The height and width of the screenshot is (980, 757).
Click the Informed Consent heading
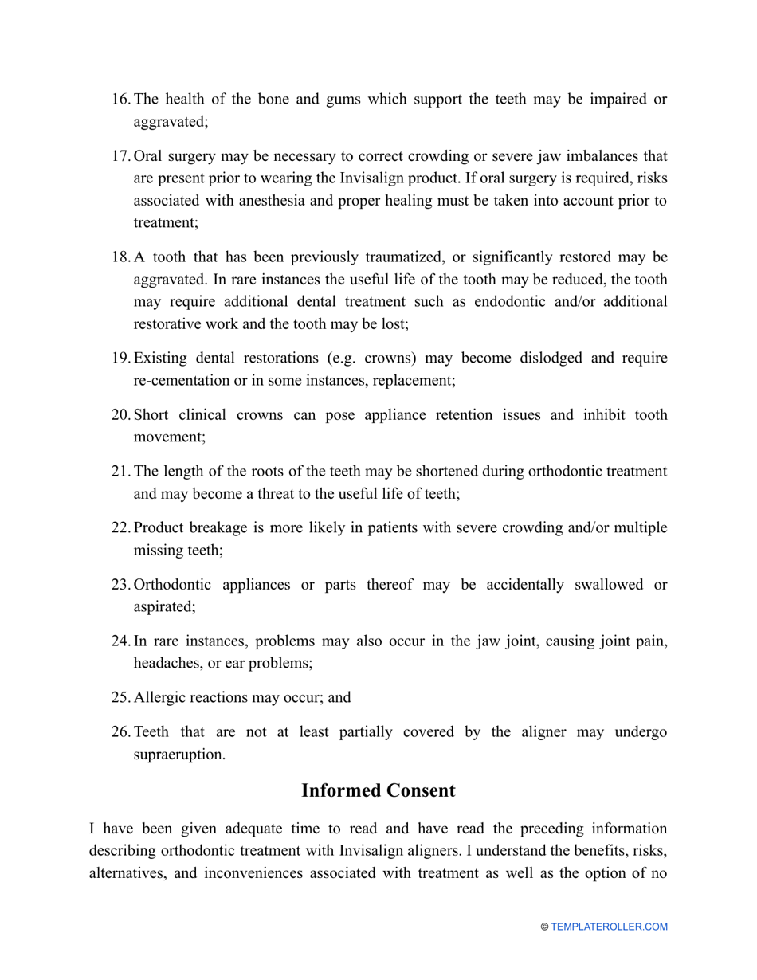coord(378,790)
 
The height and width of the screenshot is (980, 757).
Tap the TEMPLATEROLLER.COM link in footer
coord(609,927)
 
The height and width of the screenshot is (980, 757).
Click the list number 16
coord(120,100)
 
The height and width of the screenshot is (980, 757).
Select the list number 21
coord(120,472)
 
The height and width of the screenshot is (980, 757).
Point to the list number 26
coord(120,732)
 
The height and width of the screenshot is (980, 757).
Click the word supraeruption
coord(178,755)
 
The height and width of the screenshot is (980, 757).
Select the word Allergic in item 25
coord(159,697)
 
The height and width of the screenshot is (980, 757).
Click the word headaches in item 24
coord(164,663)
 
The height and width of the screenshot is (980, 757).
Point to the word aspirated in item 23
coord(163,606)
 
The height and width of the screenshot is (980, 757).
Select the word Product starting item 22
coord(159,528)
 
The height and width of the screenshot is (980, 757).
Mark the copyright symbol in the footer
coord(545,927)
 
